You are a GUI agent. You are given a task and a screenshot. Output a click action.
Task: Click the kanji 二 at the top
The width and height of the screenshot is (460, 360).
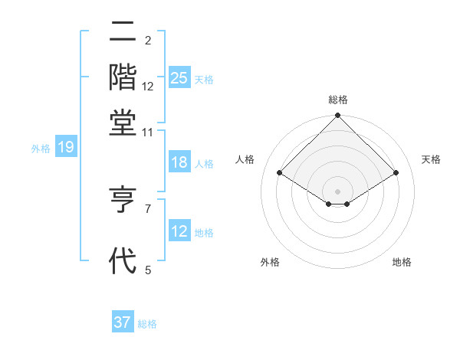point(123,32)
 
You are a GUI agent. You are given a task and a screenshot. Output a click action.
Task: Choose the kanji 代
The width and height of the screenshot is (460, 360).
point(123,260)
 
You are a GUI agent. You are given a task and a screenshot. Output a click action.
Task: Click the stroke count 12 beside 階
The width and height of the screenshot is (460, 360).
point(148,87)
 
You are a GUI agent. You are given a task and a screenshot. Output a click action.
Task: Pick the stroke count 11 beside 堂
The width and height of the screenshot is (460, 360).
point(148,133)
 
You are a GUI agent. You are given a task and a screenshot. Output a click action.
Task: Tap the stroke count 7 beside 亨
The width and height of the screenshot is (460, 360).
point(148,208)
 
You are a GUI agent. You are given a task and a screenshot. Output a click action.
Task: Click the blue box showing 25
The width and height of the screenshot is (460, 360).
point(179,77)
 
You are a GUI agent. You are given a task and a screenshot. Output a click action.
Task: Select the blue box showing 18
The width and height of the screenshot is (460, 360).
point(179,163)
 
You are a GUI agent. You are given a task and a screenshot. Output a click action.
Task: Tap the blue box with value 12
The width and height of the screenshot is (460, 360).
point(179,231)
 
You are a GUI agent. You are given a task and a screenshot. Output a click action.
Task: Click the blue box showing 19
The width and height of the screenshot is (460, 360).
point(65,148)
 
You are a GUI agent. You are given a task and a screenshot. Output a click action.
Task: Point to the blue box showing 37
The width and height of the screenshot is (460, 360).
point(123,322)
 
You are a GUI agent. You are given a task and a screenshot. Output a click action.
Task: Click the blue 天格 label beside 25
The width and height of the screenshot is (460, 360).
point(204,79)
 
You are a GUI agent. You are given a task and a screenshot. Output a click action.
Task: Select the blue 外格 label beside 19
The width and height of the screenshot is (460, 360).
point(41,149)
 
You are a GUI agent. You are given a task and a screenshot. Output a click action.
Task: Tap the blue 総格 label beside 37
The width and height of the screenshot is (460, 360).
point(147,324)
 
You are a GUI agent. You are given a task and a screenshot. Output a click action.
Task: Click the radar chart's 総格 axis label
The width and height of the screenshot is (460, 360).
point(338,100)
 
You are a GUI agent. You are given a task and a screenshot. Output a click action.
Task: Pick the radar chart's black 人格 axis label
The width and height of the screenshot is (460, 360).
point(245,159)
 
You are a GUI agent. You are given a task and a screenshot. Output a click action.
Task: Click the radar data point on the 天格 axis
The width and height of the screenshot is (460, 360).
point(396,173)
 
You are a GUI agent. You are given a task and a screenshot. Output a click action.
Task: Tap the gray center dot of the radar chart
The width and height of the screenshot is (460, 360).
point(338,191)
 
